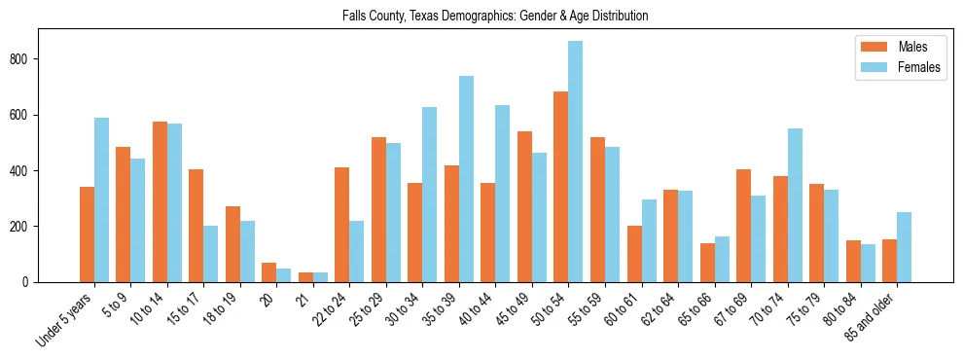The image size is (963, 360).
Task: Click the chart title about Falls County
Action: [x=495, y=16]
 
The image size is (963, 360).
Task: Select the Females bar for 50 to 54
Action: [x=575, y=162]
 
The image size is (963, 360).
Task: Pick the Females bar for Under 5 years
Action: [x=101, y=199]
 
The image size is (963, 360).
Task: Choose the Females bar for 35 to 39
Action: [x=466, y=179]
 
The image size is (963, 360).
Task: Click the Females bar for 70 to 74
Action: [x=795, y=205]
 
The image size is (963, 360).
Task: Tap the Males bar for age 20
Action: [x=268, y=272]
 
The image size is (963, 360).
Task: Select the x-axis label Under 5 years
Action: [x=66, y=320]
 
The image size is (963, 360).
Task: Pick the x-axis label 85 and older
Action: [x=874, y=321]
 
